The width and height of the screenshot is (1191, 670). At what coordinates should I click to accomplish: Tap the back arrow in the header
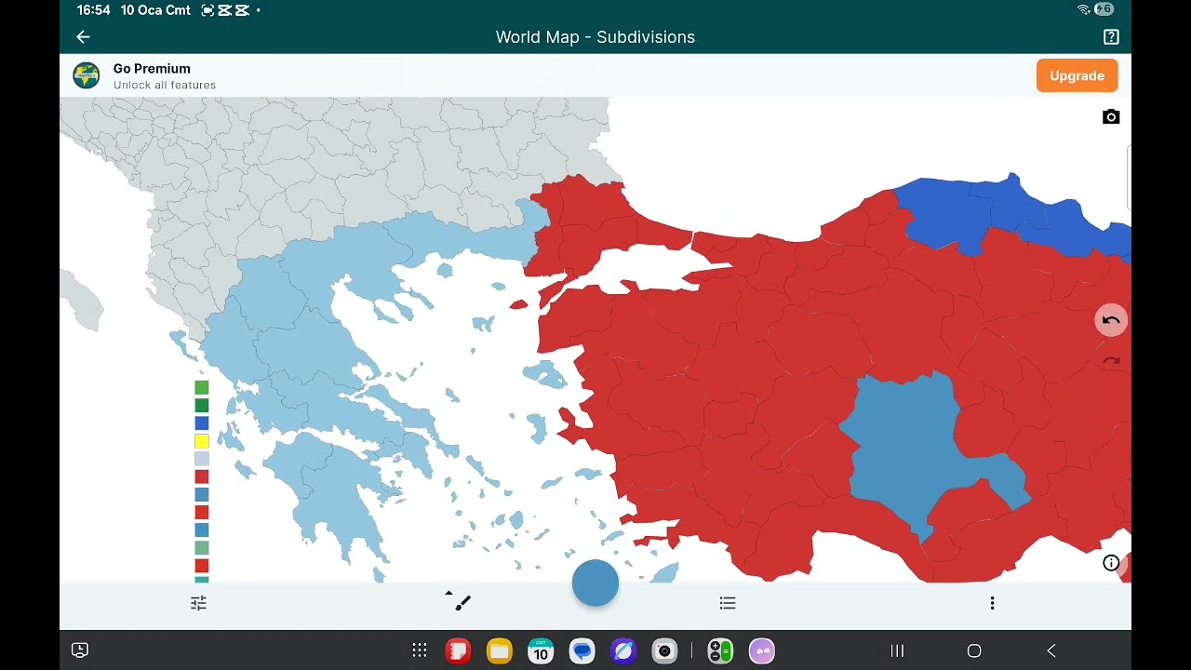tap(83, 37)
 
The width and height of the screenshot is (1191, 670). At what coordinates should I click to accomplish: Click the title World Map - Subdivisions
tap(595, 37)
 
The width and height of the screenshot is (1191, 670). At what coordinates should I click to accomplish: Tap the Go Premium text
tap(152, 69)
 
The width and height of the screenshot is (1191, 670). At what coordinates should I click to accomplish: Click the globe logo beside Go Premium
tap(87, 76)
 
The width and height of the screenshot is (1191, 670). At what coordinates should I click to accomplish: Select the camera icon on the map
tap(1111, 117)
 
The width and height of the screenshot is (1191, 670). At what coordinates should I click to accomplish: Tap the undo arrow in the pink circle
tap(1111, 320)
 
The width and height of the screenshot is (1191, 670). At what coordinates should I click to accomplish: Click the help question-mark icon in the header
tap(1111, 37)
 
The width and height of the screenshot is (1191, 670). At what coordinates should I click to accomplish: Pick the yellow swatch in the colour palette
tap(201, 441)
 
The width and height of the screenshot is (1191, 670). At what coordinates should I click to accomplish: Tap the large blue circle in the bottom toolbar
tap(595, 583)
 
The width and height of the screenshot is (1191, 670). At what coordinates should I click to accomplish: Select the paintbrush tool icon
tap(462, 603)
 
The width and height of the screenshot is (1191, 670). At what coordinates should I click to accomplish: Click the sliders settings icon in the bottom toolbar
tap(198, 604)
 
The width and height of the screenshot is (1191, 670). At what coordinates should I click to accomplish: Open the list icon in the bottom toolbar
tap(728, 604)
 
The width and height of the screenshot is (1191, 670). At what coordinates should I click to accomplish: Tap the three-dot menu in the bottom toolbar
tap(992, 604)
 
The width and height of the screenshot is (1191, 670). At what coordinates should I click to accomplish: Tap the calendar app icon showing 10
tap(541, 650)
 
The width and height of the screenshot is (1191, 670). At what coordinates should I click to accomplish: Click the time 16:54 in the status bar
tap(93, 10)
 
